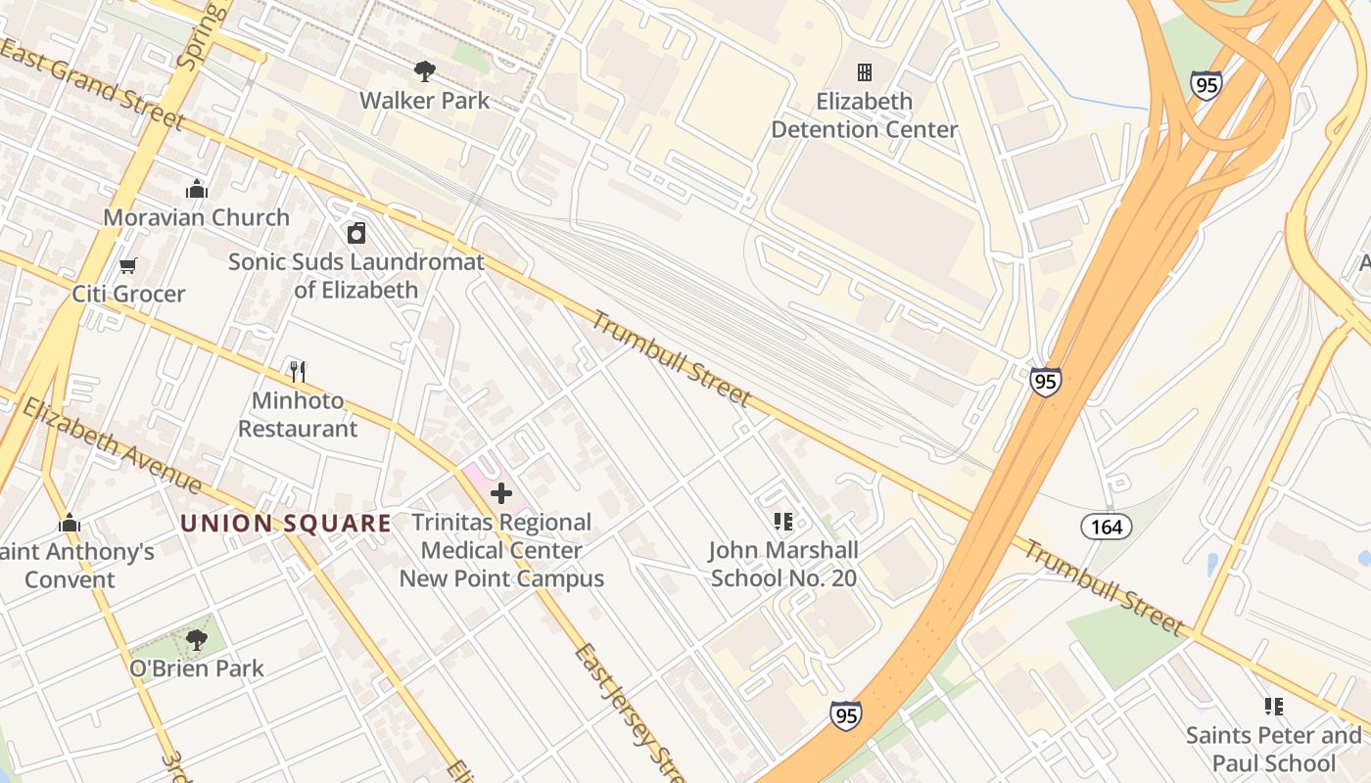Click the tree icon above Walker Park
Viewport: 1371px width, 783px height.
point(424,70)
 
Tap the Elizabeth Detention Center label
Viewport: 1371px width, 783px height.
point(864,115)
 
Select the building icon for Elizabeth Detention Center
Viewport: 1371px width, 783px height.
point(864,72)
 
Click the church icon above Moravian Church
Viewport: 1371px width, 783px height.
point(196,188)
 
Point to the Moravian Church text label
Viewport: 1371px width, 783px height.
point(196,217)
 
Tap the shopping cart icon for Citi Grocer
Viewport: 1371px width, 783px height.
point(127,265)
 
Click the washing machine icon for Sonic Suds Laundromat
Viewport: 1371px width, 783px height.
point(356,233)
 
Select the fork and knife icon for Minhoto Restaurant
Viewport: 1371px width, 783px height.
point(298,371)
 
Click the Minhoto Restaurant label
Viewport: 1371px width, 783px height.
point(298,415)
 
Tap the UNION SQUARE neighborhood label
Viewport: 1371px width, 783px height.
point(286,523)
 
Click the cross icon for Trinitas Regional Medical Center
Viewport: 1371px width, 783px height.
point(501,492)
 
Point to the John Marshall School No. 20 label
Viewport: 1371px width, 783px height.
point(783,564)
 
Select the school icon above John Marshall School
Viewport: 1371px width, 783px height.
point(782,521)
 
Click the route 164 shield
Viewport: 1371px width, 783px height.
point(1107,528)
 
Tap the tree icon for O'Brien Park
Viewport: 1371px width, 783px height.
point(196,640)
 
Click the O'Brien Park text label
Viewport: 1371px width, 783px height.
point(196,669)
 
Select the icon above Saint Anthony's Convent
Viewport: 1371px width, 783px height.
point(69,523)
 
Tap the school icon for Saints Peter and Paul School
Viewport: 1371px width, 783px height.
point(1273,706)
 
